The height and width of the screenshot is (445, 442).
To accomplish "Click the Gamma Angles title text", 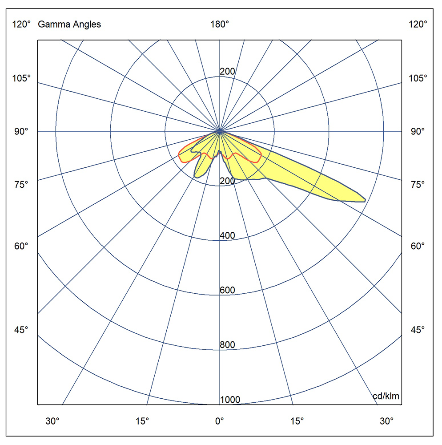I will click(69, 24).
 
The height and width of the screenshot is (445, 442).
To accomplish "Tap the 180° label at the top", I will click(220, 24).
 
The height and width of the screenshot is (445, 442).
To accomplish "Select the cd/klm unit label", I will click(386, 396).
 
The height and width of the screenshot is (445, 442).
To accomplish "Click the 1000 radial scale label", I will click(230, 400).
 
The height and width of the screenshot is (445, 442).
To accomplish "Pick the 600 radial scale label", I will click(227, 291).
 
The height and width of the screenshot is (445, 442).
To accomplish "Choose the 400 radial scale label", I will click(227, 236).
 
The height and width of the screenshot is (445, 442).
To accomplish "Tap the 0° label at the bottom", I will click(219, 421).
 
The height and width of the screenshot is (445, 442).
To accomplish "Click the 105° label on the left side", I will click(21, 78).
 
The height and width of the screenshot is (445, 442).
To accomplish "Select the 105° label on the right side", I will click(418, 78).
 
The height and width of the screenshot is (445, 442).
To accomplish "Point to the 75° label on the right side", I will click(418, 184).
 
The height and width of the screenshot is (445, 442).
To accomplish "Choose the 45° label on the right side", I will click(418, 330).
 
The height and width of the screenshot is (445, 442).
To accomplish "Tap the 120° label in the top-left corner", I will click(21, 24).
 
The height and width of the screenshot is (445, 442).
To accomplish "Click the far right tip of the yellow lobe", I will click(365, 200).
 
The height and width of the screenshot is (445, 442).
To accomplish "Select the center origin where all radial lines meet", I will click(220, 131).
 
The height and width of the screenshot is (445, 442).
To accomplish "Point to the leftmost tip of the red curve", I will click(178, 155).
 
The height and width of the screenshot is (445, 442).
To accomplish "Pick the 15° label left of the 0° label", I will click(142, 421).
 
